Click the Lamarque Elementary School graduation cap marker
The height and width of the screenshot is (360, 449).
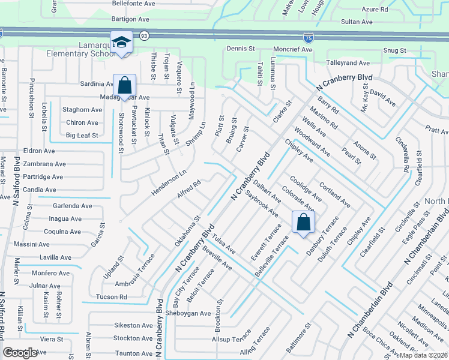(121, 43)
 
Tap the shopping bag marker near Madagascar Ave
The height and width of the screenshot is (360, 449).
(124, 85)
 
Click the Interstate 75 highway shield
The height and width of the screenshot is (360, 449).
(308, 38)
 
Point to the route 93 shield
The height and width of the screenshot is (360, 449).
(144, 36)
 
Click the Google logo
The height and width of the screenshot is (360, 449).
(20, 353)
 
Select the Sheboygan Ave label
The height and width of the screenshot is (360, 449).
(188, 313)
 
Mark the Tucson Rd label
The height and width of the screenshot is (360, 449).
(111, 297)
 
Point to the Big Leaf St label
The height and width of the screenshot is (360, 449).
(82, 136)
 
